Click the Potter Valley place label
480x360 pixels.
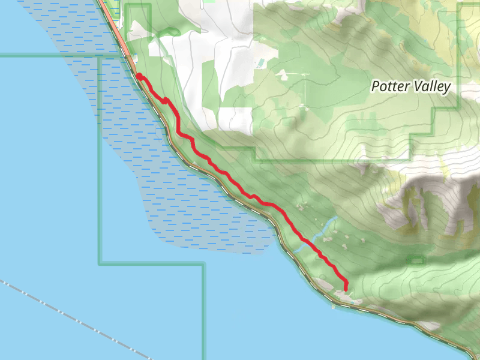(410, 86)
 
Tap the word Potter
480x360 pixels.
(391, 86)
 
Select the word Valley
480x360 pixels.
(431, 86)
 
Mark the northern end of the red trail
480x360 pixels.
(139, 76)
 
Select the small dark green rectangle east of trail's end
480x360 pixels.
(414, 260)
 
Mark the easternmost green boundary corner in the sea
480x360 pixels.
(203, 263)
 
